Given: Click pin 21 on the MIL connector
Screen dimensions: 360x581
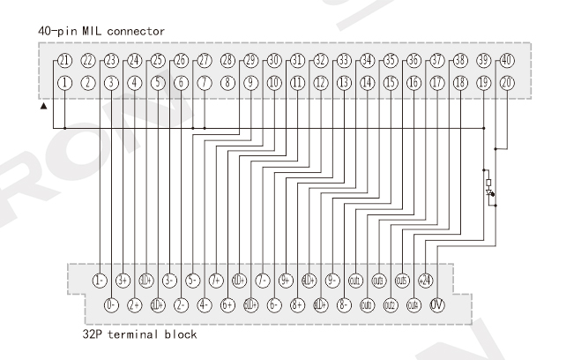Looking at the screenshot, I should tap(64, 61).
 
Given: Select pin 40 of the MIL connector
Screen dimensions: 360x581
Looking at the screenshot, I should tap(506, 61).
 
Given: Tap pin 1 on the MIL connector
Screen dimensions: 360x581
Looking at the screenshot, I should tap(64, 82).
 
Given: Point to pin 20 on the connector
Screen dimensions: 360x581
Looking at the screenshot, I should tap(506, 82).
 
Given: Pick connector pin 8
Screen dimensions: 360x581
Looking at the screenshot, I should tap(227, 82).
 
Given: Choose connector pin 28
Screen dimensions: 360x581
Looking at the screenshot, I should tap(227, 61).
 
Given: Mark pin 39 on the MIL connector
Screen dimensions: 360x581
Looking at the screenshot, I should tap(483, 61).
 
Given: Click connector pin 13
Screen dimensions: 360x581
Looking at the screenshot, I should tap(343, 82).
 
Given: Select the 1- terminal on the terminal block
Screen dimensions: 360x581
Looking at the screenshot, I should tap(100, 281).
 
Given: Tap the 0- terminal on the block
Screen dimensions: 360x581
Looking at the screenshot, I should tap(111, 305).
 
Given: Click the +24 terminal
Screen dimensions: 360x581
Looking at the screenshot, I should tap(426, 281).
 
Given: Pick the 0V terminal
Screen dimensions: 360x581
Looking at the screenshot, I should tap(437, 305).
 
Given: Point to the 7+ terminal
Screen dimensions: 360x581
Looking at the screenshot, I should tap(216, 281).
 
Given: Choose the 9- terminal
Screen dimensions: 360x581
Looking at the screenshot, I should tap(332, 281).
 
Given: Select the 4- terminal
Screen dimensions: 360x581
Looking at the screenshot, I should tap(205, 305).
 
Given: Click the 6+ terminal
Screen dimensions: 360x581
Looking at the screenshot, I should tap(227, 305).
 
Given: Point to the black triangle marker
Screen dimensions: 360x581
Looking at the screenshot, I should tap(43, 106).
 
